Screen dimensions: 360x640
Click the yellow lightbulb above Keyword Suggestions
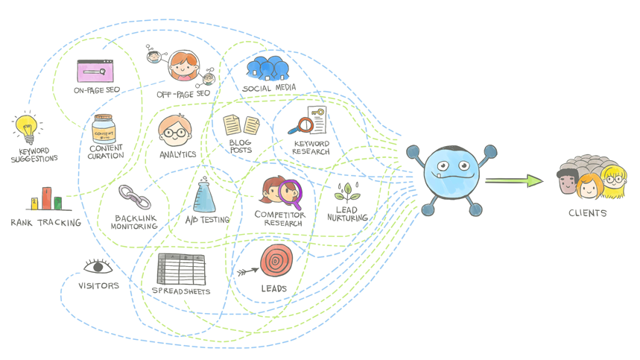pyautogui.click(x=28, y=127)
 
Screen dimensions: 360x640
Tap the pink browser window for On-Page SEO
pyautogui.click(x=95, y=72)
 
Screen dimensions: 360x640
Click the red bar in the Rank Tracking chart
pyautogui.click(x=46, y=198)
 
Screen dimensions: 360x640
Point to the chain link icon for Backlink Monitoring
pyautogui.click(x=135, y=198)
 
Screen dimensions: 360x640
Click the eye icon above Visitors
pyautogui.click(x=98, y=267)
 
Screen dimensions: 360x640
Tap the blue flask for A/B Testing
pyautogui.click(x=206, y=197)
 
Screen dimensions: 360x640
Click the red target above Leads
pyautogui.click(x=276, y=261)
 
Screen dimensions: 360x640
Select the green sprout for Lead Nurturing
pyautogui.click(x=346, y=192)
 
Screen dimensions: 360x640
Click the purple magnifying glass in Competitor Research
pyautogui.click(x=292, y=193)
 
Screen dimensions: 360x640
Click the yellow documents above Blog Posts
pyautogui.click(x=241, y=124)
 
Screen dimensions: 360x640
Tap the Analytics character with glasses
pyautogui.click(x=175, y=133)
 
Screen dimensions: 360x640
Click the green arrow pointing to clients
pyautogui.click(x=514, y=180)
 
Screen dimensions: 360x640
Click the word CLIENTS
pyautogui.click(x=587, y=213)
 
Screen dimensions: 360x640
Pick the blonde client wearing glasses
pyautogui.click(x=615, y=181)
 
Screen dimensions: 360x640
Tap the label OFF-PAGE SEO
pyautogui.click(x=183, y=94)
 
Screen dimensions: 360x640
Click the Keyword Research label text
pyautogui.click(x=311, y=148)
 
